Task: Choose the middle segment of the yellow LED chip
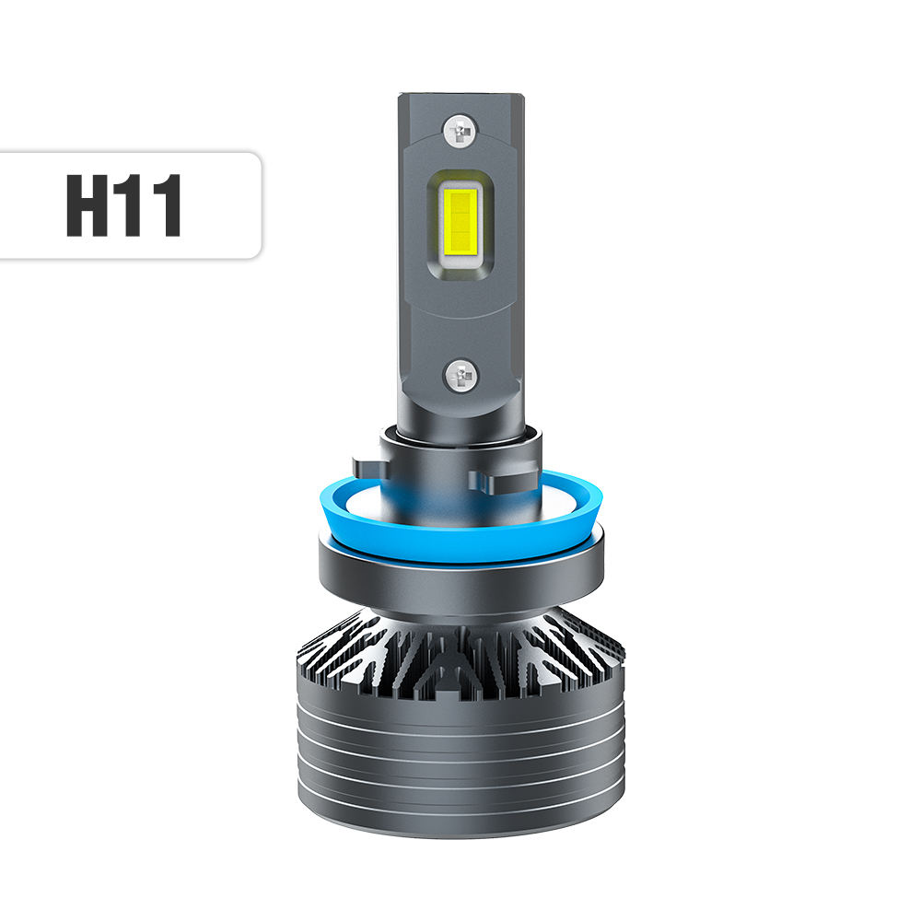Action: [x=458, y=219]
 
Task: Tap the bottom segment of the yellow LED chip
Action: [x=458, y=244]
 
